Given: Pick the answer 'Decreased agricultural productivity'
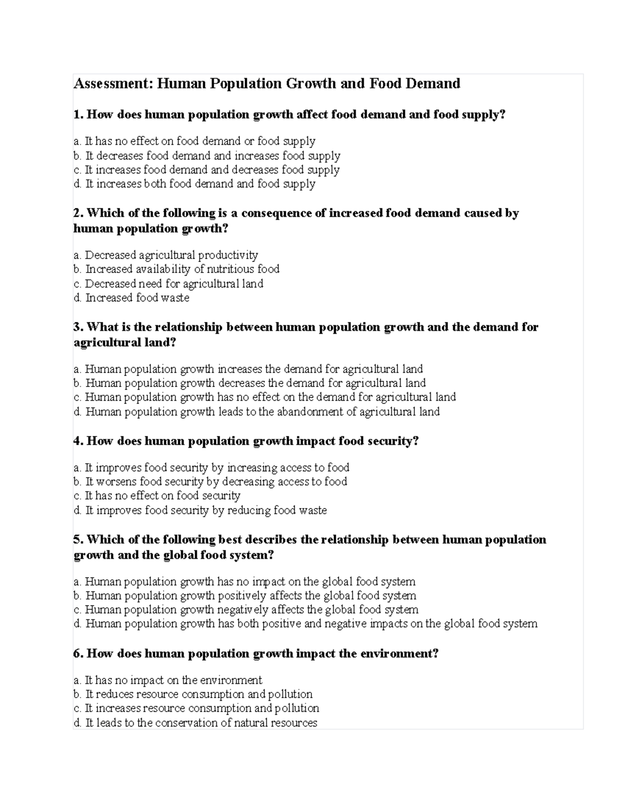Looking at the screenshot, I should [x=171, y=255].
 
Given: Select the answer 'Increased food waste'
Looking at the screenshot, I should [x=137, y=298].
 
